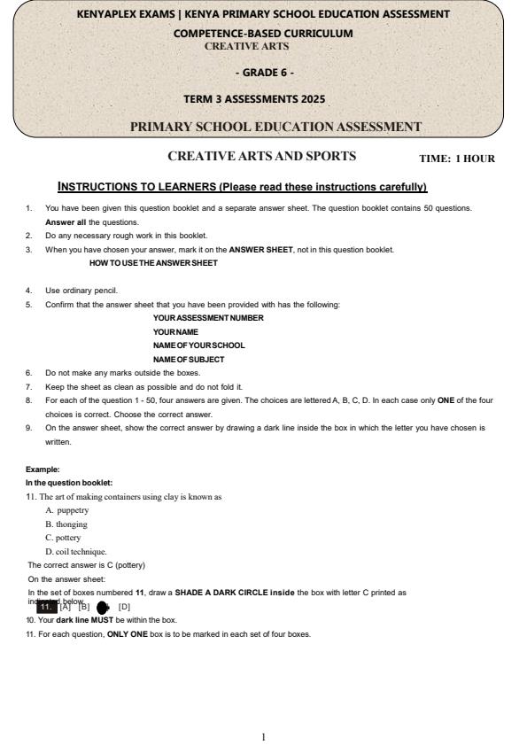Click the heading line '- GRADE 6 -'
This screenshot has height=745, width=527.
262,70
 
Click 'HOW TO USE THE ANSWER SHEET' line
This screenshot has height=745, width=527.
154,262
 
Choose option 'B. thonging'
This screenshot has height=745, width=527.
67,524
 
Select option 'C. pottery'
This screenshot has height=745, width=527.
63,537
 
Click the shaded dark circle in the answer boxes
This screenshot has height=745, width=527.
103,607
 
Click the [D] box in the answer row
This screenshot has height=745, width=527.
124,607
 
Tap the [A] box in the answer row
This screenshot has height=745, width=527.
65,607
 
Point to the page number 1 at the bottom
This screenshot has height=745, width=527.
263,711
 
